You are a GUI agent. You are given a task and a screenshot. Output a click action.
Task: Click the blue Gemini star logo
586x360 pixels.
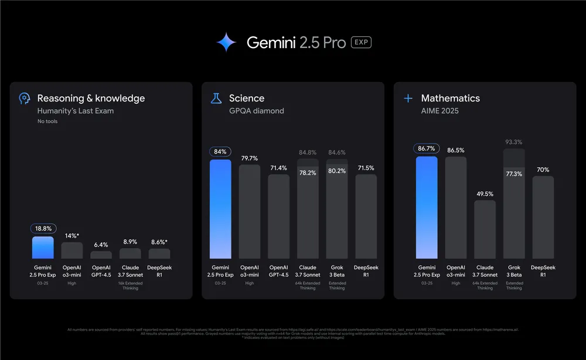(x=226, y=42)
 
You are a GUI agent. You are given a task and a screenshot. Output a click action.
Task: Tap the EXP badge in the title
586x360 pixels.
(x=361, y=42)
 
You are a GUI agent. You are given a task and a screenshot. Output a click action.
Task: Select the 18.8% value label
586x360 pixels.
(x=43, y=229)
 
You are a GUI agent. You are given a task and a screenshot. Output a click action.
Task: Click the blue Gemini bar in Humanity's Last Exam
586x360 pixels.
(x=43, y=247)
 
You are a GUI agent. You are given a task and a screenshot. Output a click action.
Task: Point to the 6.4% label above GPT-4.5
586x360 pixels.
(x=101, y=244)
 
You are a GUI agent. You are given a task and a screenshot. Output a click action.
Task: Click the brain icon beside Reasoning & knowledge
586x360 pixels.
(x=25, y=99)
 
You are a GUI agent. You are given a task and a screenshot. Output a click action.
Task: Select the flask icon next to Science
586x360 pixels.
(x=216, y=99)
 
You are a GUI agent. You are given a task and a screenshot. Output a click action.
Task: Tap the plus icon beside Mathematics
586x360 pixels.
(x=408, y=99)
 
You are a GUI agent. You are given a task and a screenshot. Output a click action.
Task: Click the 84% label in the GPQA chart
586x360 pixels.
(x=220, y=152)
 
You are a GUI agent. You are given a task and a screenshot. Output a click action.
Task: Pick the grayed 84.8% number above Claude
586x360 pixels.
(x=308, y=153)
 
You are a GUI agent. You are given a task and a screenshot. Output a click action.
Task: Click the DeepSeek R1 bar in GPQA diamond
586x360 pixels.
(x=366, y=217)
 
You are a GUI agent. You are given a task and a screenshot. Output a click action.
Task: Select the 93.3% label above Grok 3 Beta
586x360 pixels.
(x=514, y=142)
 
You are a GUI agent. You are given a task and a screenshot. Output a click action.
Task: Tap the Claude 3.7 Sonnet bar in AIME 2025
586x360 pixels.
(x=485, y=230)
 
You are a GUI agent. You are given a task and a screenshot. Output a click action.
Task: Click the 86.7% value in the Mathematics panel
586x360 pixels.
(x=427, y=149)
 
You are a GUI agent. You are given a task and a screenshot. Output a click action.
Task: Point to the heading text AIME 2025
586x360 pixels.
(x=439, y=111)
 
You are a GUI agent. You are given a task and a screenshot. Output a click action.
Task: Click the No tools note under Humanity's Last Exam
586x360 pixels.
(x=47, y=121)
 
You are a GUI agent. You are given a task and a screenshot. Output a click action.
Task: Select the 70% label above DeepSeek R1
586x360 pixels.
(x=543, y=170)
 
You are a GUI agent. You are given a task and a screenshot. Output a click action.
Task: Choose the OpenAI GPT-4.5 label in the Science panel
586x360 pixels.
(x=278, y=271)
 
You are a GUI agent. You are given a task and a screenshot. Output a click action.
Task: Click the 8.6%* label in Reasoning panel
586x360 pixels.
(x=159, y=242)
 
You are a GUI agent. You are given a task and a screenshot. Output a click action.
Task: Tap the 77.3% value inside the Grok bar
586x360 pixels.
(x=514, y=174)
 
